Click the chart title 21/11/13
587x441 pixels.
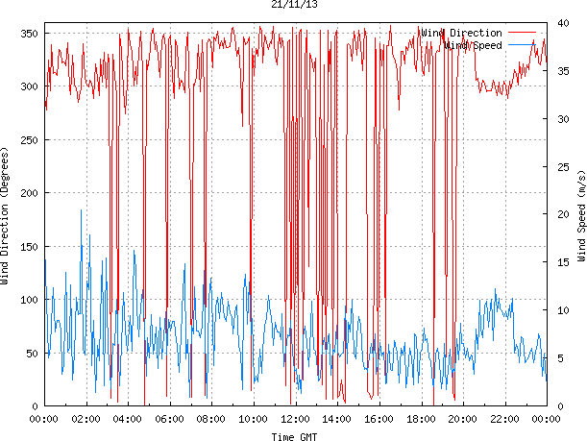pos(295,5)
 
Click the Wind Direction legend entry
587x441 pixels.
pos(461,33)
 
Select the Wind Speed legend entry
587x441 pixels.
pos(474,45)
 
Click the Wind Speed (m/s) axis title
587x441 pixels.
pos(580,217)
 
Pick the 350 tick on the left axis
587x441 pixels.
pos(28,34)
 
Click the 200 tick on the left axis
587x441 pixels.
pos(28,193)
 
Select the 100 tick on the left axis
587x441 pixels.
pos(28,300)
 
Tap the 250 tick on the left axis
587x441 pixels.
pos(28,140)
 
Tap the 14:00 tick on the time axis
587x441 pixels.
pos(337,419)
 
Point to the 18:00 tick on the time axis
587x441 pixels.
pos(421,419)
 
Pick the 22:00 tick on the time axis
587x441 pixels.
pos(504,419)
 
